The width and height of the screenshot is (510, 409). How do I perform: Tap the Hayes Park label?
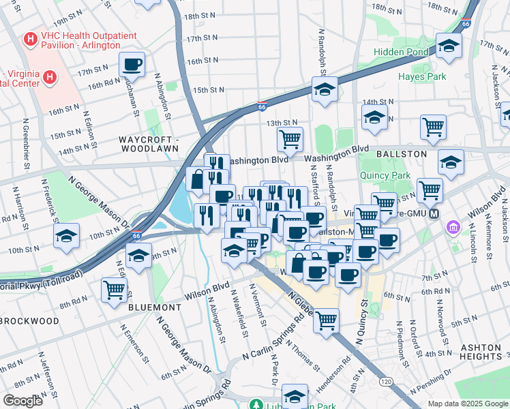(422, 76)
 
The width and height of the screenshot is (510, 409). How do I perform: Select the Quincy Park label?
(384, 175)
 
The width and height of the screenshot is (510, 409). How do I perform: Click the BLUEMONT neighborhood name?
(155, 307)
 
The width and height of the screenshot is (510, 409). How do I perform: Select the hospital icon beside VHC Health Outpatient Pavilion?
(30, 40)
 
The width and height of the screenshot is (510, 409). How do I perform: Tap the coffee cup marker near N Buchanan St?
(132, 65)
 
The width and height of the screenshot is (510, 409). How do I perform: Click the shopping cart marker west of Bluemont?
(114, 289)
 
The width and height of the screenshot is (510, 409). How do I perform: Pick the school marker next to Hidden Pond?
(449, 46)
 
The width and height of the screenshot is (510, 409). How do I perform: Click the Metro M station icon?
(451, 226)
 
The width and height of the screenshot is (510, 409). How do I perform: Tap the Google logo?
(23, 401)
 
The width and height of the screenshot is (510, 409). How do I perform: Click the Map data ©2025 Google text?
(467, 404)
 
